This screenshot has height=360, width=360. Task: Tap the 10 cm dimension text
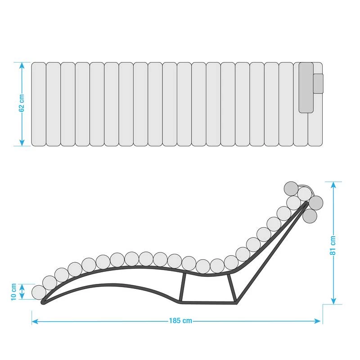click(13, 292)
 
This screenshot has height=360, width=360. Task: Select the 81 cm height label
click(333, 245)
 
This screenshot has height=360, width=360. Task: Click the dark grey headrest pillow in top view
click(306, 87)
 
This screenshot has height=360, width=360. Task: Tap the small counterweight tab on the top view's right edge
click(318, 83)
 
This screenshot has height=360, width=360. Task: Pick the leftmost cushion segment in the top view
click(39, 104)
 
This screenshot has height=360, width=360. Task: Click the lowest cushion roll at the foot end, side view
click(39, 292)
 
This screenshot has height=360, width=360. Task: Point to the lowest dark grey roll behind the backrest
click(310, 216)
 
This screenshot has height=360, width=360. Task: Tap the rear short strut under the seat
click(231, 288)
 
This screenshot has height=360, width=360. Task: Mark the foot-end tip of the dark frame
click(44, 302)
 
